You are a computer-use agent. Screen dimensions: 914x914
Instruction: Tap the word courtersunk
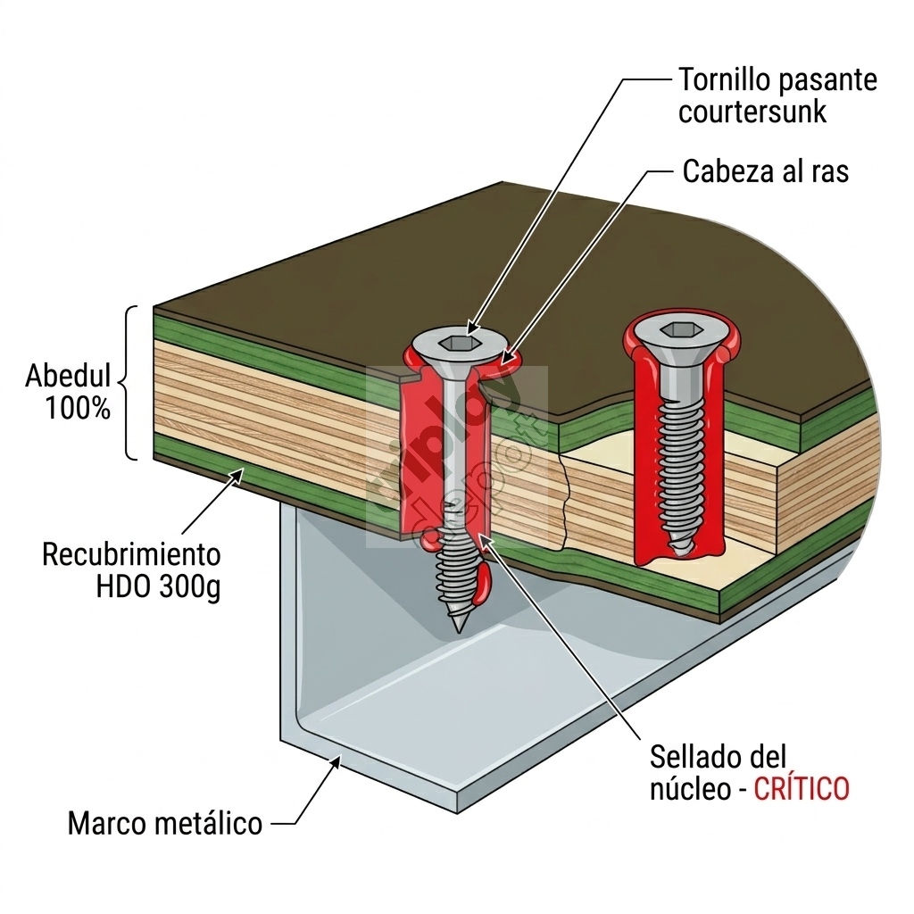[752, 113]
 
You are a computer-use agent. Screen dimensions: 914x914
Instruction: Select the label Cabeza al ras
[765, 171]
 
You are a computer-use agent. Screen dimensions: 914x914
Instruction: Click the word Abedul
[69, 375]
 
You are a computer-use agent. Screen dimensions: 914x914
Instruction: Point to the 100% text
[79, 409]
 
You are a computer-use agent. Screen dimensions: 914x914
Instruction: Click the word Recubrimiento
[131, 554]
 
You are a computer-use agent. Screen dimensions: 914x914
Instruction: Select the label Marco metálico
[165, 822]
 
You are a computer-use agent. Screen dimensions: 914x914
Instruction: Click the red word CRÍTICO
[802, 789]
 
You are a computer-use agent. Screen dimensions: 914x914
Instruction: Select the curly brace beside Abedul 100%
[130, 384]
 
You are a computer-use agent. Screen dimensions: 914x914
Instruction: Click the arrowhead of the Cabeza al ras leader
[507, 362]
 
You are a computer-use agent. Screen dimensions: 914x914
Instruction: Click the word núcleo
[690, 789]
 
